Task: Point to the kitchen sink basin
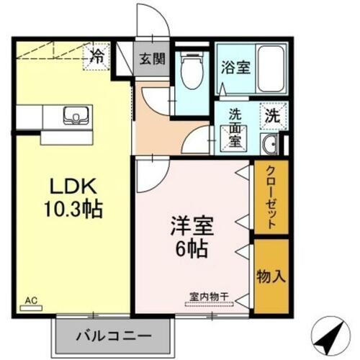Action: (76, 115)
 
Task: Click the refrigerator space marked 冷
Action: (96, 56)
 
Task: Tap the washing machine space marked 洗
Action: (273, 113)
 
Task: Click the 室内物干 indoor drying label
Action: (209, 295)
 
